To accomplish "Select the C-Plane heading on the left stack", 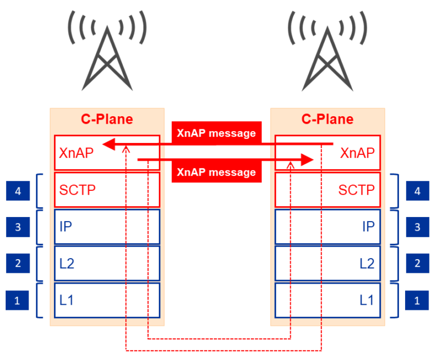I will coord(106,119).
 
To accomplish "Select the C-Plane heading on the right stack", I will coord(327,119).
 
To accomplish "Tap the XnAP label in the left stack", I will coord(76,153).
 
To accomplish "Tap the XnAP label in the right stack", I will coord(357,153).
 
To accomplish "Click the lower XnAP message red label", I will coord(216,172).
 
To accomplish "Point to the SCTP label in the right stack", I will coord(357,190).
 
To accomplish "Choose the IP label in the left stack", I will coord(65,227).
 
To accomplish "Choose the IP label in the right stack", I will coord(368,227).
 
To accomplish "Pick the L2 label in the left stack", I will coord(67,263).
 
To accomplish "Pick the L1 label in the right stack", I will coord(367,300).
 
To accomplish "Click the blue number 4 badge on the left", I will coord(18,191).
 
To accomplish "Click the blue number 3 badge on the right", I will coord(417,227).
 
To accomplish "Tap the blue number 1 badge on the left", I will coord(18,300).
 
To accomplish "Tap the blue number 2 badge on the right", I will coord(417,263).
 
